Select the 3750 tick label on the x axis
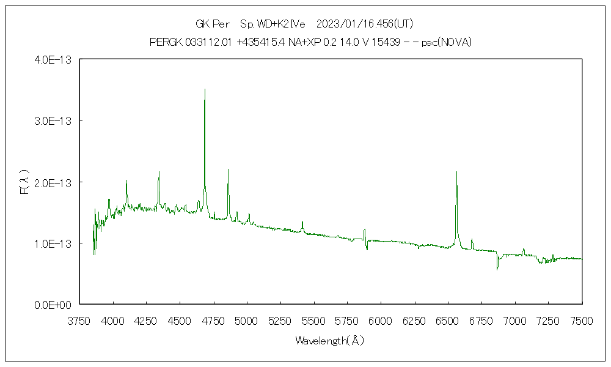pyautogui.click(x=79, y=321)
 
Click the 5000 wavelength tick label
pyautogui.click(x=246, y=321)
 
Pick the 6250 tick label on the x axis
pyautogui.click(x=414, y=321)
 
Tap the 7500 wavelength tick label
pyautogui.click(x=581, y=321)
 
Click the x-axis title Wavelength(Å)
pyautogui.click(x=330, y=341)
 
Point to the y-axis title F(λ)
pyautogui.click(x=24, y=182)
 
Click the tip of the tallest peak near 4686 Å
pyautogui.click(x=205, y=89)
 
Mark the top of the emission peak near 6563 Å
pyautogui.click(x=456, y=172)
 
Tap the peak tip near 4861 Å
pyautogui.click(x=228, y=169)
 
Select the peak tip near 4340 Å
pyautogui.click(x=159, y=172)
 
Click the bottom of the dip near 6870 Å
pyautogui.click(x=497, y=269)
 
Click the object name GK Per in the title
pyautogui.click(x=211, y=24)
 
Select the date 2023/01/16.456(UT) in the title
pyautogui.click(x=365, y=24)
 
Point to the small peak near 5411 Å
pyautogui.click(x=302, y=222)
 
